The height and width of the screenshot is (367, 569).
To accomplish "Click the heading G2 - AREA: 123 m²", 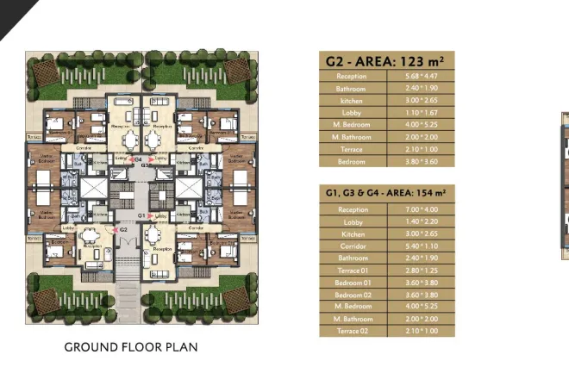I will point(385,61).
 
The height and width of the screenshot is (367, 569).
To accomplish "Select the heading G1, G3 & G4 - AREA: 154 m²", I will point(385,194).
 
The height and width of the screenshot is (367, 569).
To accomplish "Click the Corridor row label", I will point(353,246).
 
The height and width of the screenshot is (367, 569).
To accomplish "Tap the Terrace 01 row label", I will point(353,270).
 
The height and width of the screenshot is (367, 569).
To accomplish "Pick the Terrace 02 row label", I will point(353,330).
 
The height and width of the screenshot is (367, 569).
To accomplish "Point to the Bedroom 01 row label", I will point(353,282).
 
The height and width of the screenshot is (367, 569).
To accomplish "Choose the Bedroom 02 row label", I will point(353,294).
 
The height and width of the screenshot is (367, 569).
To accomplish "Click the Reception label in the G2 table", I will point(353,76).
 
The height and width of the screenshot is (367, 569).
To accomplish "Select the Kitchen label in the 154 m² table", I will point(353,233).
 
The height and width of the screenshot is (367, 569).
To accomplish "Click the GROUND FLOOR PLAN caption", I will point(131,348).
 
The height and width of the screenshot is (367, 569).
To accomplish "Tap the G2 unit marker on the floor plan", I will point(122,230).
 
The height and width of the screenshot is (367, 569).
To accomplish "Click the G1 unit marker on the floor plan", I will point(141,215).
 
